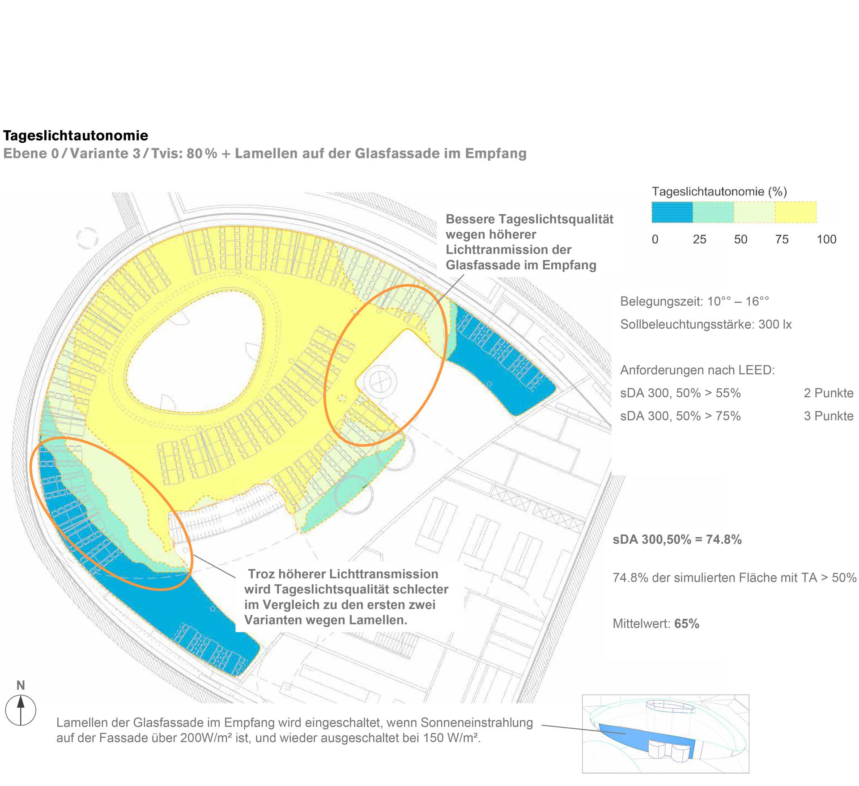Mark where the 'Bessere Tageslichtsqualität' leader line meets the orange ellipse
438,302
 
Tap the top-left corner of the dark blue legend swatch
652,202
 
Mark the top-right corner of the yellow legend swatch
816,202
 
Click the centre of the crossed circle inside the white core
380,382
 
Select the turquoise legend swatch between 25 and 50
714,212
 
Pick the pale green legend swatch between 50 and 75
755,212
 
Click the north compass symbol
21,710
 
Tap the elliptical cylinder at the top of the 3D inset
671,706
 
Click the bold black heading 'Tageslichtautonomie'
76,136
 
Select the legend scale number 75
782,239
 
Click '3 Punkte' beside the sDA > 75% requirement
829,416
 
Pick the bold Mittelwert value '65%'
687,624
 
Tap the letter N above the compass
21,685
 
